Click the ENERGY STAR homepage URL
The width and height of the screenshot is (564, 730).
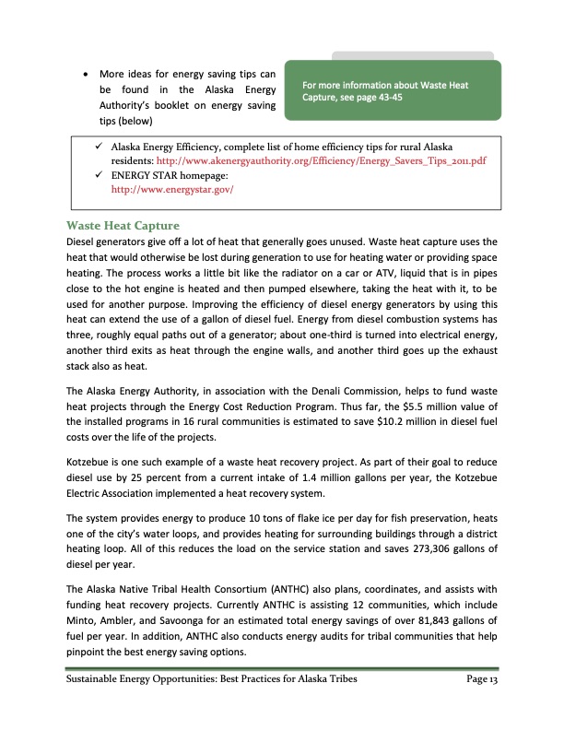pos(172,190)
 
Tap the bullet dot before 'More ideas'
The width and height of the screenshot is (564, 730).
pos(86,73)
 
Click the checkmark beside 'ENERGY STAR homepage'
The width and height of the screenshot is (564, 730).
pos(98,175)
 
